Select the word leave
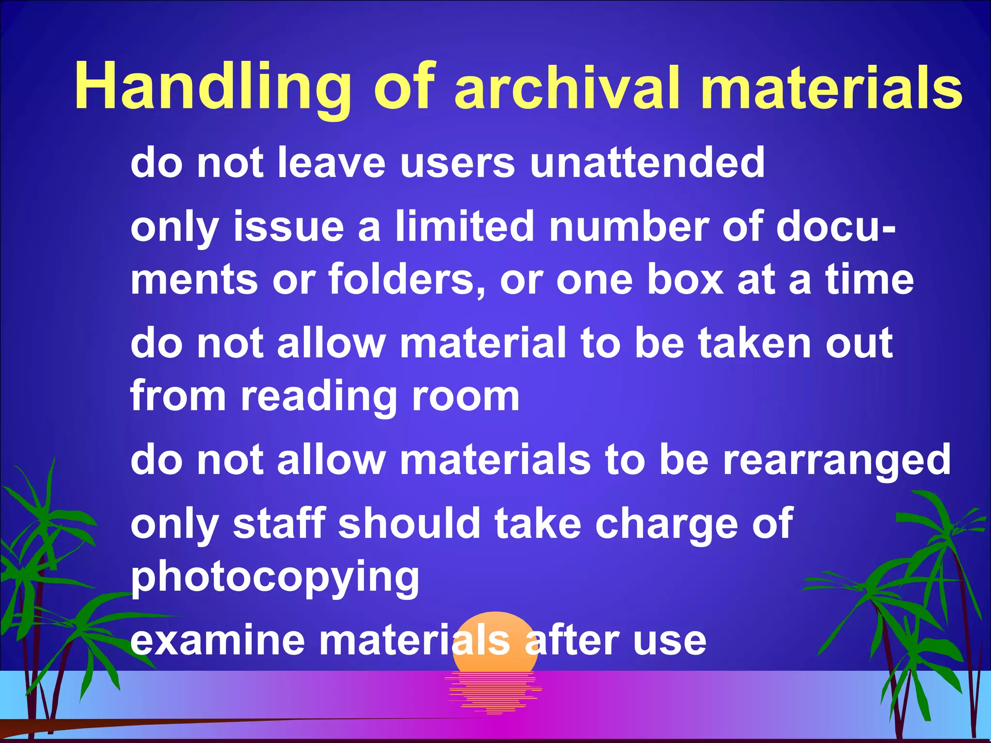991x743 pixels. click(x=331, y=163)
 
